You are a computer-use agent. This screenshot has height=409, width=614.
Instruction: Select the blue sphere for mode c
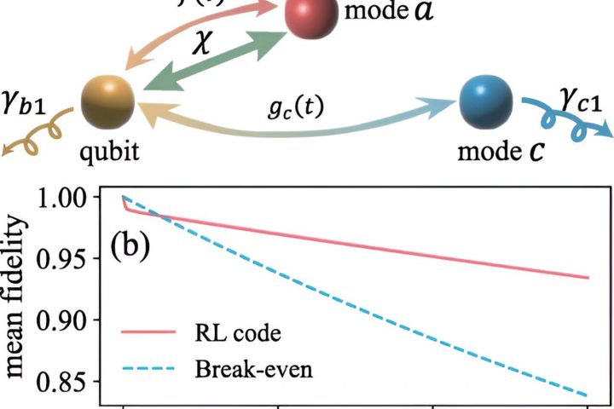pyautogui.click(x=487, y=102)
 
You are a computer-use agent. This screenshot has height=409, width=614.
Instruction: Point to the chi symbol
pyautogui.click(x=201, y=43)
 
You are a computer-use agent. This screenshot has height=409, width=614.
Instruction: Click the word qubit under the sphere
pyautogui.click(x=109, y=153)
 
